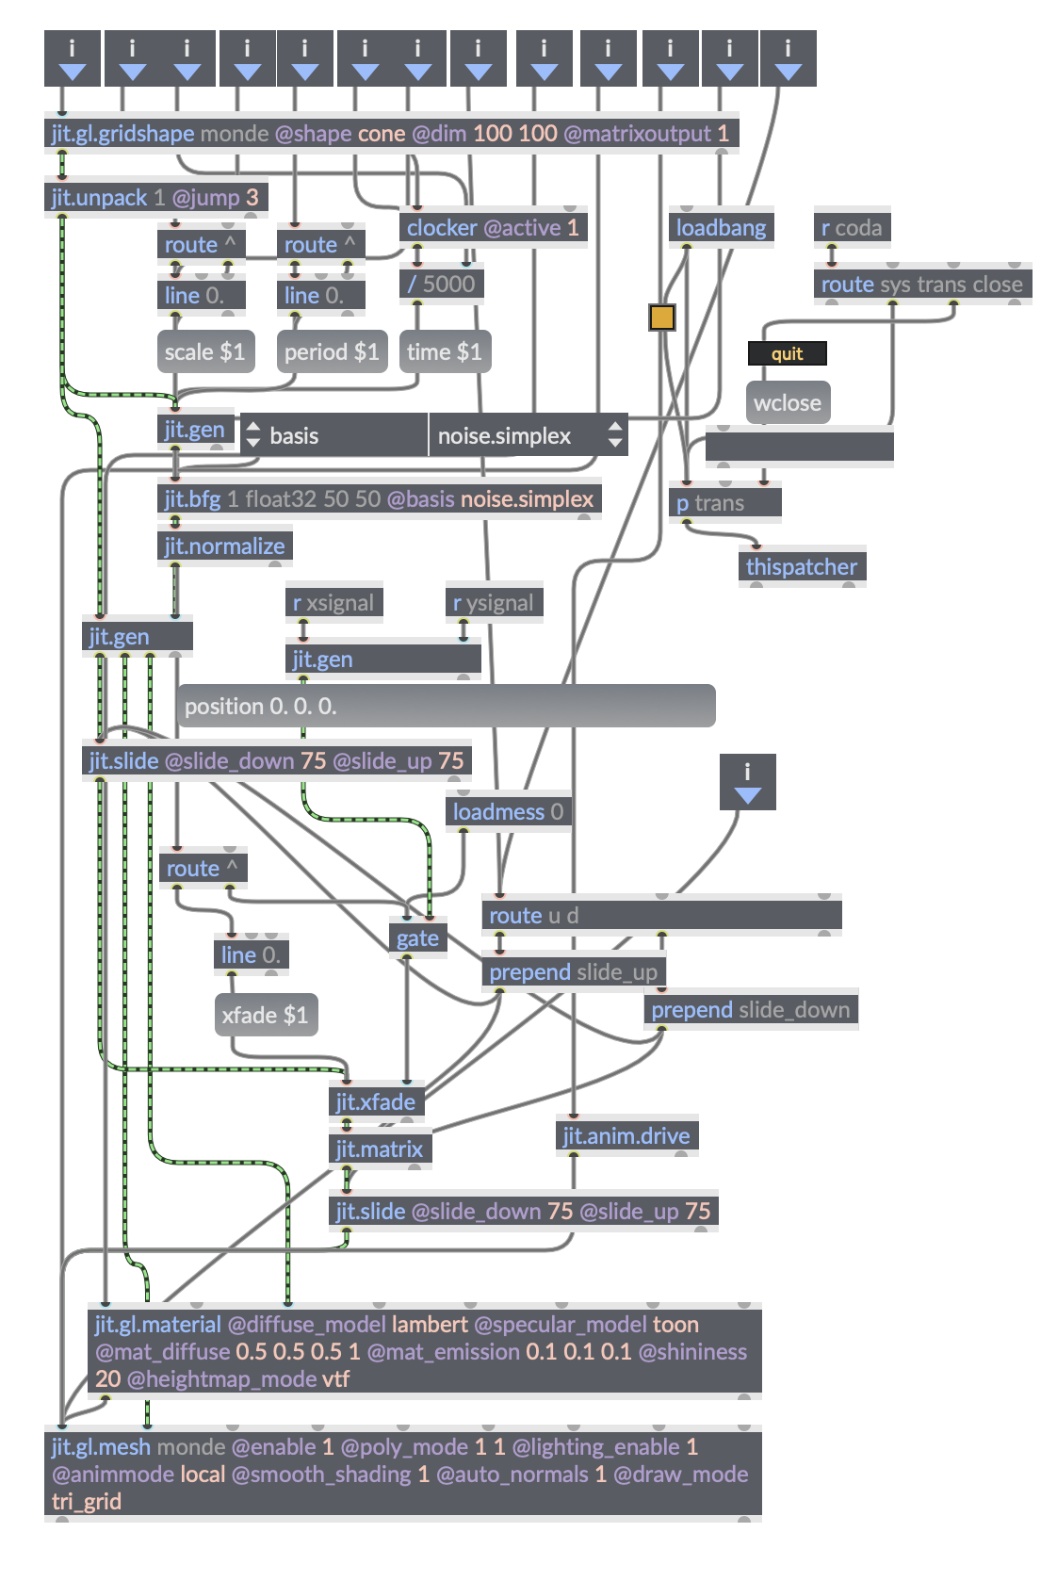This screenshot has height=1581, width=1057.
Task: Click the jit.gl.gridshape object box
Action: coord(391,134)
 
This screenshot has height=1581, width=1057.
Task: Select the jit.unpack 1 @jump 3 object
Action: coord(155,198)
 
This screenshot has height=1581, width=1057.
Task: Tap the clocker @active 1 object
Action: coord(493,228)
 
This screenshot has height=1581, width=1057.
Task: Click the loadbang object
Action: coord(721,228)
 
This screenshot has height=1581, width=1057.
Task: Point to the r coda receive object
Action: coord(852,228)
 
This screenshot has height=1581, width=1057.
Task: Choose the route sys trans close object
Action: coord(921,285)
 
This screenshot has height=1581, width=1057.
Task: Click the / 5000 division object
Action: coord(441,285)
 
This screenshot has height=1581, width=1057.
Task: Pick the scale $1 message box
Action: coord(205,352)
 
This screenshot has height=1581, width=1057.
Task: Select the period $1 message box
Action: coord(332,352)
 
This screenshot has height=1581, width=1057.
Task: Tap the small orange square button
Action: coord(662,318)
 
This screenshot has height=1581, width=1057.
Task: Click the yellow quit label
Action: coord(787,354)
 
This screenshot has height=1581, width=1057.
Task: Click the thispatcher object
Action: coord(802,567)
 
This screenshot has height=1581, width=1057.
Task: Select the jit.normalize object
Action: coord(224,546)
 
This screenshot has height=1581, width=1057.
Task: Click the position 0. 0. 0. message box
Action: coord(446,707)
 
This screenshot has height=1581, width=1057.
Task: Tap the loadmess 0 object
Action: coord(508,812)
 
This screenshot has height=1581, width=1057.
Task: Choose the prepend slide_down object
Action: coord(750,1010)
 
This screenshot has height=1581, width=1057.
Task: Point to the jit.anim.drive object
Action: coord(626,1136)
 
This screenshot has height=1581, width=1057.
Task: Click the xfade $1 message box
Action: coord(265,1016)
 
